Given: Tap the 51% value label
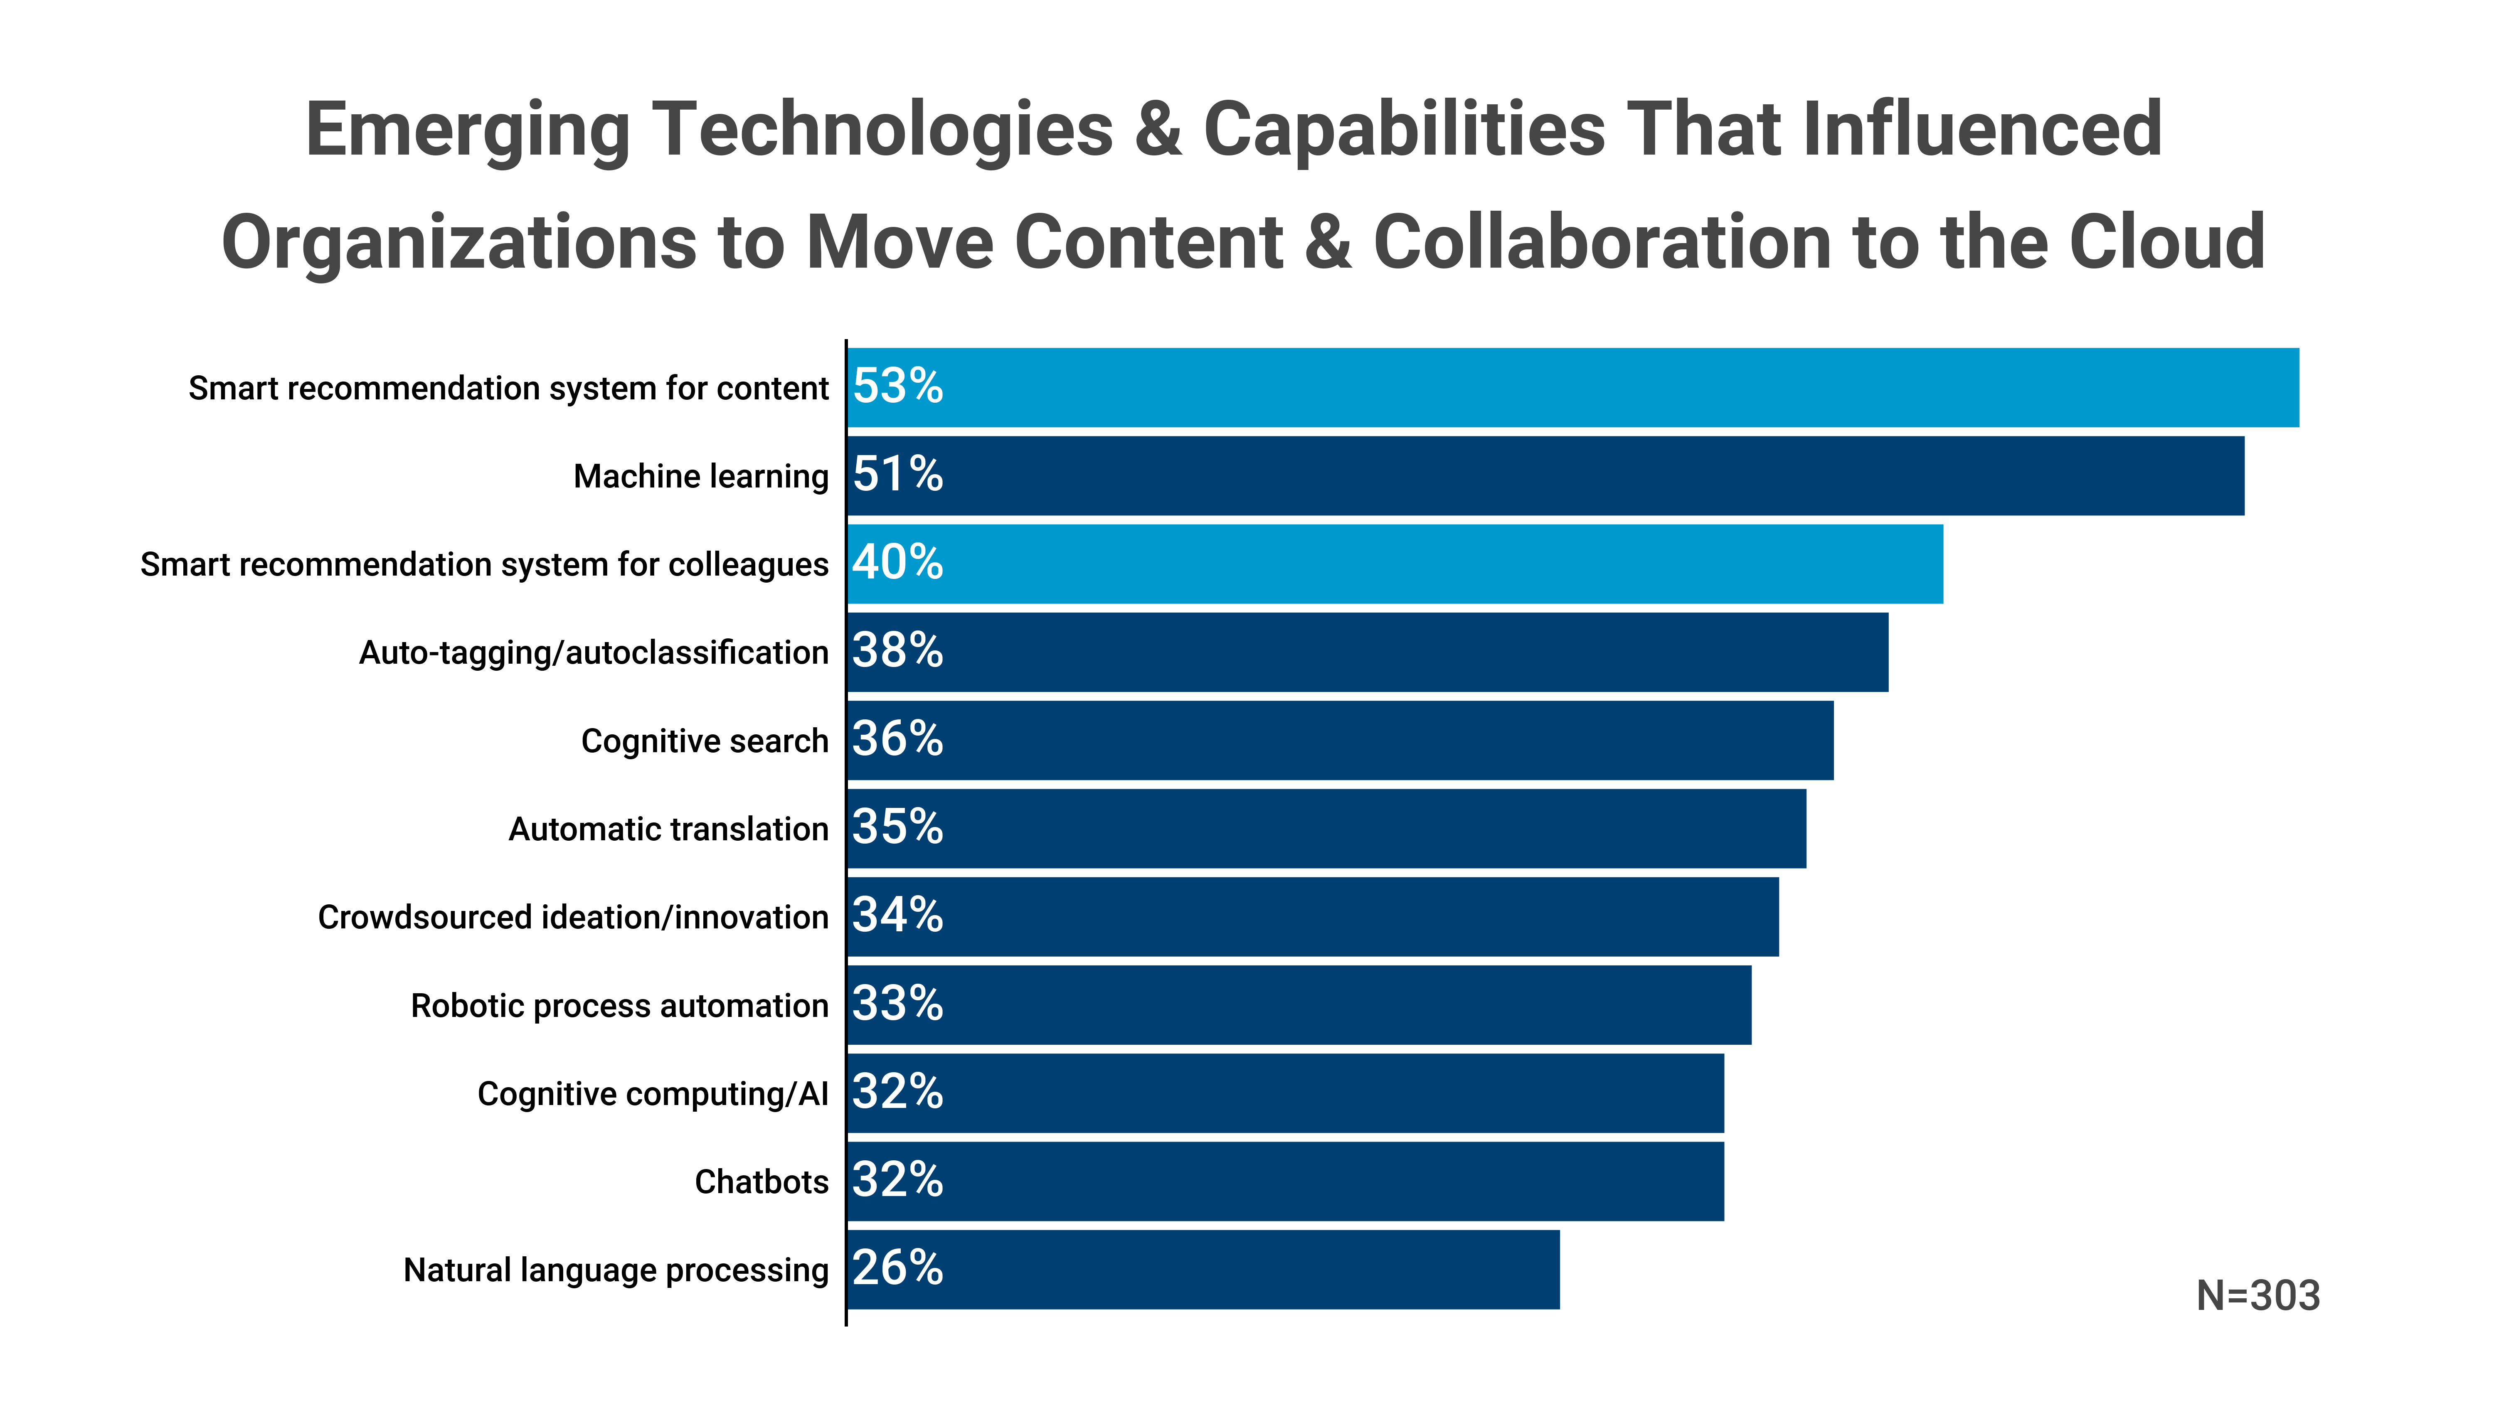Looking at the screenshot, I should [x=897, y=475].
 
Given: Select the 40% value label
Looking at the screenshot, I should [x=897, y=563].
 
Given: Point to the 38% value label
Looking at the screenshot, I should [x=897, y=651].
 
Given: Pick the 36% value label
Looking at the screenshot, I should [x=897, y=739].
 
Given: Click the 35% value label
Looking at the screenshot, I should [x=897, y=827].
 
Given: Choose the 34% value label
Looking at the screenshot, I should [x=897, y=915].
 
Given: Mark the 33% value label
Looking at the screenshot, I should [x=897, y=1003].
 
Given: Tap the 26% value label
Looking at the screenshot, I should [x=897, y=1268].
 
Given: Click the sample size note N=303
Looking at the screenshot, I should [x=2258, y=1295].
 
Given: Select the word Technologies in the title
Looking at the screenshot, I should [x=882, y=131].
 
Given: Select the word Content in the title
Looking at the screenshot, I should [x=1148, y=242].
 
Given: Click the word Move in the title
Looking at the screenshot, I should [x=900, y=242].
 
